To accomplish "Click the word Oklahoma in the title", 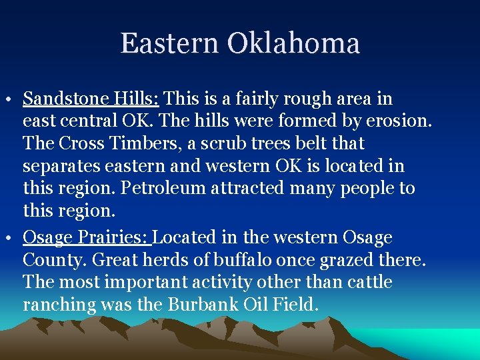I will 293,44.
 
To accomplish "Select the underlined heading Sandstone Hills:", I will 91,99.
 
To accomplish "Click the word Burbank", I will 202,305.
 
